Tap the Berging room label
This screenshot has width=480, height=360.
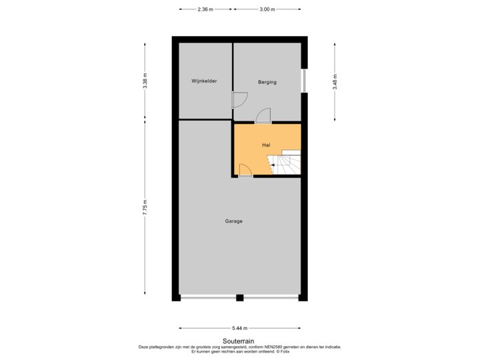pyautogui.click(x=267, y=82)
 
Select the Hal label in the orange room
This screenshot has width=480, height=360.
pyautogui.click(x=265, y=145)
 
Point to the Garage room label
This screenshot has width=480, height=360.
pyautogui.click(x=233, y=221)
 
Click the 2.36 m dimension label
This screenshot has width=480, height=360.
pyautogui.click(x=205, y=9)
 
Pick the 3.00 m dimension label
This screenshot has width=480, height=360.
pyautogui.click(x=267, y=9)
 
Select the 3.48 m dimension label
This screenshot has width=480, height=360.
pyautogui.click(x=335, y=82)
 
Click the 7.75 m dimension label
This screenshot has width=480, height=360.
pyautogui.click(x=145, y=208)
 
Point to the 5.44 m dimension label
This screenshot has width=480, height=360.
pyautogui.click(x=239, y=328)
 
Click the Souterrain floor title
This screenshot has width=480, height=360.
pyautogui.click(x=239, y=341)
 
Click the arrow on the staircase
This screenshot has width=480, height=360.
pyautogui.click(x=272, y=164)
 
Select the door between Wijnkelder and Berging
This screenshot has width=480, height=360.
pyautogui.click(x=239, y=100)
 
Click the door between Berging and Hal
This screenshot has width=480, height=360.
pyautogui.click(x=263, y=116)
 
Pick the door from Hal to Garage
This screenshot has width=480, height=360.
pyautogui.click(x=245, y=171)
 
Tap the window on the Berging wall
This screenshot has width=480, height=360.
pyautogui.click(x=304, y=81)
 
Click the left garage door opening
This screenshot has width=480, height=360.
pyautogui.click(x=207, y=298)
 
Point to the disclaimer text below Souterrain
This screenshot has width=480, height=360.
pyautogui.click(x=239, y=348)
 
